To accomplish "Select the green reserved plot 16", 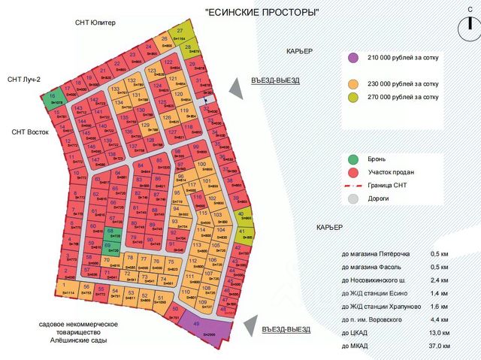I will [x=53, y=100].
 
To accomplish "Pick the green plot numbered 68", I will [x=111, y=234].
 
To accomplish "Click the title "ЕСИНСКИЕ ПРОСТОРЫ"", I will [x=262, y=12].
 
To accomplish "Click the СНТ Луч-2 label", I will [x=25, y=80].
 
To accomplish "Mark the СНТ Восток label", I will [x=30, y=132].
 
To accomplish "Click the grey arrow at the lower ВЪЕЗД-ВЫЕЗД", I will [x=249, y=325].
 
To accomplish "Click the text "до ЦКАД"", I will [x=355, y=333].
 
